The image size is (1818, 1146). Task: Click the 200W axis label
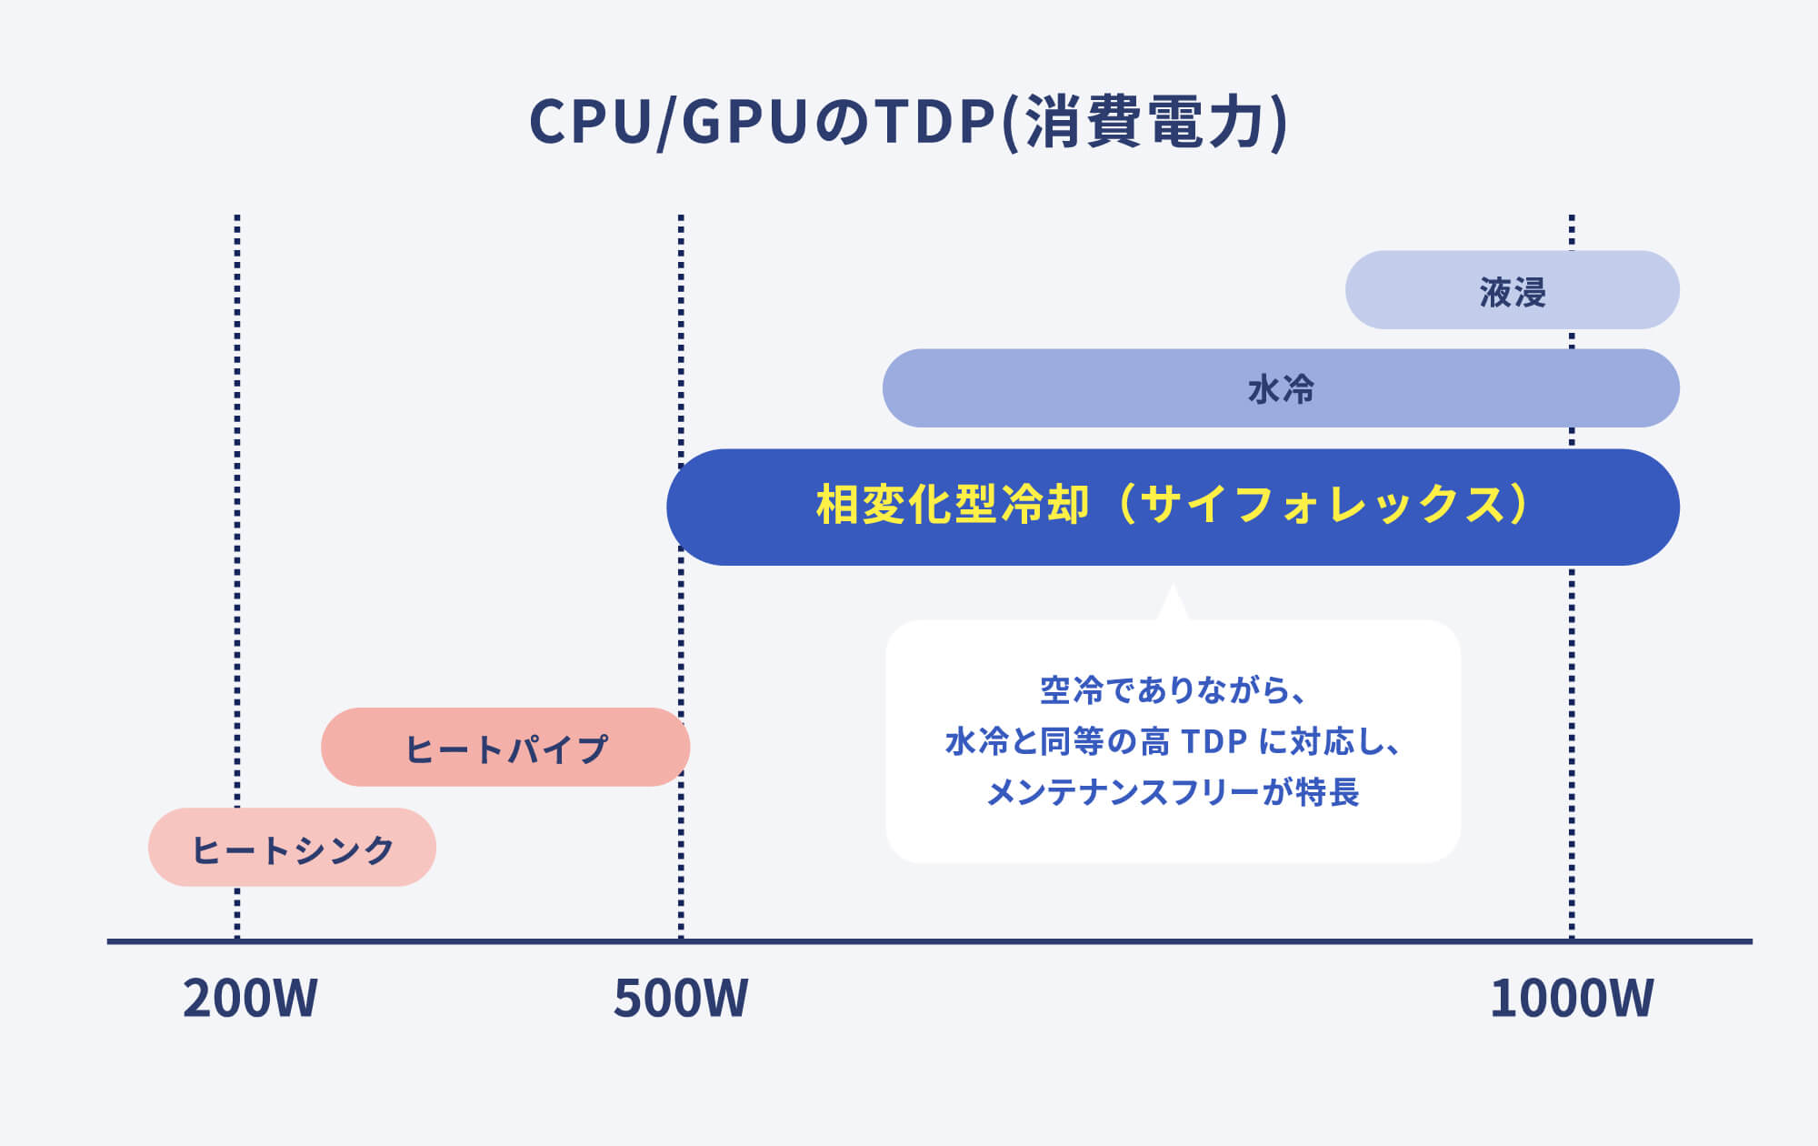(x=250, y=999)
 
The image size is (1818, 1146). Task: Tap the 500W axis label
(x=681, y=999)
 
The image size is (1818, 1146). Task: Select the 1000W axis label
(x=1572, y=999)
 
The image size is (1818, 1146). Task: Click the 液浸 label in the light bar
(x=1513, y=292)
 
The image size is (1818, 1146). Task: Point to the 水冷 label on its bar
(x=1281, y=389)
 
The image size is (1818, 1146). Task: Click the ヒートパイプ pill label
(x=505, y=749)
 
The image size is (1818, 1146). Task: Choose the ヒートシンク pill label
(x=293, y=849)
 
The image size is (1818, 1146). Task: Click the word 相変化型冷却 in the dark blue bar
(x=952, y=505)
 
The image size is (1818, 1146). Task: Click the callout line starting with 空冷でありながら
(x=1173, y=690)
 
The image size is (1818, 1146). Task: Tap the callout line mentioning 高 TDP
(x=1173, y=741)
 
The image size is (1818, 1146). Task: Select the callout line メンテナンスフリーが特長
(x=1173, y=792)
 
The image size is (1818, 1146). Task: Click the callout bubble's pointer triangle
(x=1173, y=605)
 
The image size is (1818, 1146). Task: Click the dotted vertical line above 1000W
(x=1572, y=728)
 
